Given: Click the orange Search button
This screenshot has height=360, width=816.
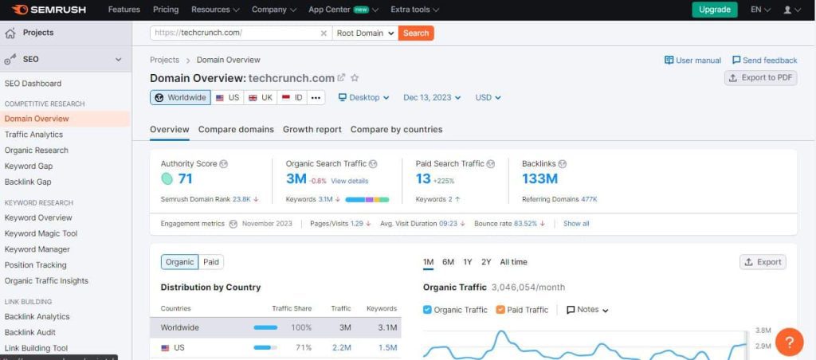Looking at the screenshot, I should [x=416, y=33].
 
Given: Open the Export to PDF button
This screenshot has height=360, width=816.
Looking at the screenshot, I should [x=760, y=77].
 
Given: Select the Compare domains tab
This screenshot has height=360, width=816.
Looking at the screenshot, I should [x=236, y=129].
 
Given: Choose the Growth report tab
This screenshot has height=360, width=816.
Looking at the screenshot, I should [x=312, y=129].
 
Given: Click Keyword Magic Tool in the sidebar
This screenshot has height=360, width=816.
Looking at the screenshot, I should [x=41, y=233].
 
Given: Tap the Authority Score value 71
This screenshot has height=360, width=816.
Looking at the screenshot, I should [x=186, y=178].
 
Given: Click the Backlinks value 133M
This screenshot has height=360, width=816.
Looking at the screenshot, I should [x=540, y=178].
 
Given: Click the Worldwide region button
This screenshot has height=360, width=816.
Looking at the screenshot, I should [x=180, y=97].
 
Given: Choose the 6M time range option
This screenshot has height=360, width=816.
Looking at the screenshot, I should [x=448, y=262].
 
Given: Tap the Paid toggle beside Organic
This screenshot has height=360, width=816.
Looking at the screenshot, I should [x=211, y=261].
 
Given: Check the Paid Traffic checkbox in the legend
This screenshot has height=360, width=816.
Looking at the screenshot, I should [x=501, y=310].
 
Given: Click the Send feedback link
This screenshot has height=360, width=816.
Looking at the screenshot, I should [x=763, y=60].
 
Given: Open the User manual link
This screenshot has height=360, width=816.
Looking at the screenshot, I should [x=692, y=60].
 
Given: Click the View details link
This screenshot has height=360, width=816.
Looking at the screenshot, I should [x=350, y=181].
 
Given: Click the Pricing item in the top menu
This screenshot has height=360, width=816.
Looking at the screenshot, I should [x=166, y=10].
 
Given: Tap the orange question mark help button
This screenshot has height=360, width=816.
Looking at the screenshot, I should [x=789, y=342].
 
